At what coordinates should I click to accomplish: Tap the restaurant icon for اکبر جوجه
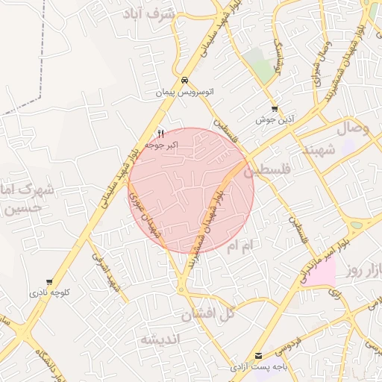point(160,132)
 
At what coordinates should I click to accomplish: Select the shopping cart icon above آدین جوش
point(275,108)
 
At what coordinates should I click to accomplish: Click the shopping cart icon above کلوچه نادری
point(49,282)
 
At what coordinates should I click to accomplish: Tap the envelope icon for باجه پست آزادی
point(258,356)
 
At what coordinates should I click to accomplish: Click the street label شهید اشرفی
point(105,273)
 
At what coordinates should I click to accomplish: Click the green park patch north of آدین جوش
point(262,69)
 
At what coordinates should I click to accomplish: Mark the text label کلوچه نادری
point(49,293)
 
